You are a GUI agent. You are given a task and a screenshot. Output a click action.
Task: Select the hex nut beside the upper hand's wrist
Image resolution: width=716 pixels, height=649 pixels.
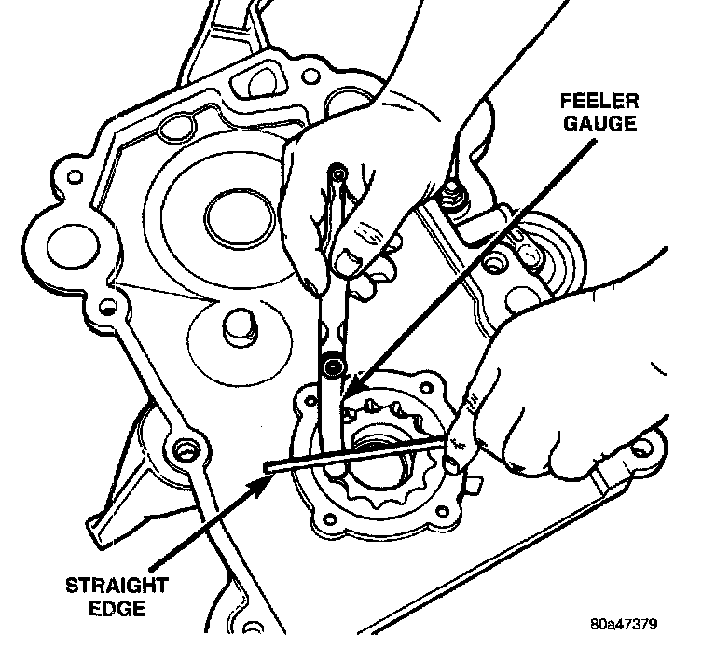coord(456,197)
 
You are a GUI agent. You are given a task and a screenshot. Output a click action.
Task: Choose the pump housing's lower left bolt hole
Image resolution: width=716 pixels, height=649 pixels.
coord(324,511)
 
